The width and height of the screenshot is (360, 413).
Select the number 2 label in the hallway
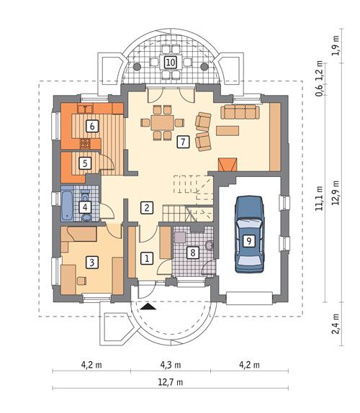click(146, 208)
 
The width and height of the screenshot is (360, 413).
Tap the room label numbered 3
click(91, 263)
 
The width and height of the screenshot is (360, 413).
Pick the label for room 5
click(85, 163)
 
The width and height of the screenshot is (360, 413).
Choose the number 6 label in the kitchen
click(91, 126)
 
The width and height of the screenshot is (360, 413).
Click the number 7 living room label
click(184, 142)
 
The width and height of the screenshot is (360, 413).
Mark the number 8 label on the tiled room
click(192, 253)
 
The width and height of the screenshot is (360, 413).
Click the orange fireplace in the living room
click(228, 165)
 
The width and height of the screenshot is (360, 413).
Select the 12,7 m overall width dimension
click(171, 381)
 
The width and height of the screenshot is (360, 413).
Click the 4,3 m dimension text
click(171, 364)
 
